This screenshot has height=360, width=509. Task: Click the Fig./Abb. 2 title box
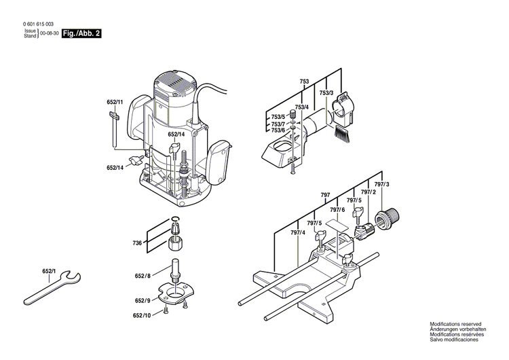tap(81, 33)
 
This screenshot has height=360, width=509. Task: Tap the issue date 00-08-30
tap(49, 33)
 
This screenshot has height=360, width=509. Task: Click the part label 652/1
tap(49, 272)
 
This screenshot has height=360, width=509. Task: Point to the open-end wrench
tap(51, 288)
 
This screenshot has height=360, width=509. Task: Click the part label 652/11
tap(115, 103)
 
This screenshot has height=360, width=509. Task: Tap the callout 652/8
tap(143, 276)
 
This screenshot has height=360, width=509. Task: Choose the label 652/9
tap(142, 300)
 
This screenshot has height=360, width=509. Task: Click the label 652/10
tap(142, 315)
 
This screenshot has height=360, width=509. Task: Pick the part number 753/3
tap(326, 93)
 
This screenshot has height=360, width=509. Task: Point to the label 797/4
tap(298, 233)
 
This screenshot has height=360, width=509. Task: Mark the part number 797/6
tap(337, 211)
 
